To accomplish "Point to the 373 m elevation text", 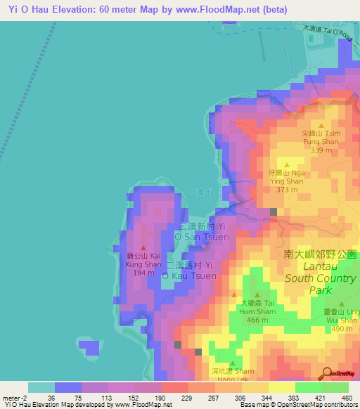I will coord(288,190).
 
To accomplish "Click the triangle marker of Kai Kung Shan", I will coord(144,247).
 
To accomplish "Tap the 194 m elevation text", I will coord(144,273).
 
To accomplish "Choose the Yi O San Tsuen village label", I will coord(203,232).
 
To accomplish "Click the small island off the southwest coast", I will coord(89,348).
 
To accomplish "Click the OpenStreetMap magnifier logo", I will coord(327,373).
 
